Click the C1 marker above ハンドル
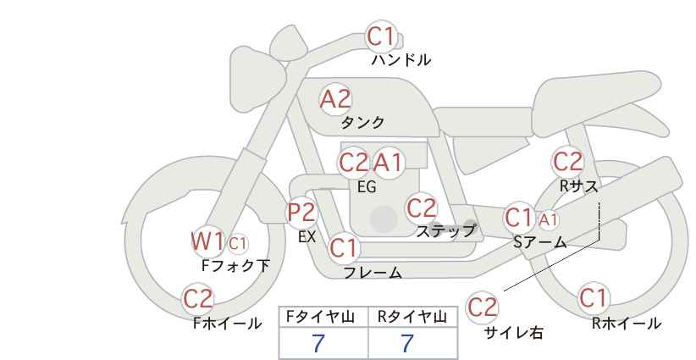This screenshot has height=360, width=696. [x=381, y=36]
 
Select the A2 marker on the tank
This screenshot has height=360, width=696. [x=335, y=99]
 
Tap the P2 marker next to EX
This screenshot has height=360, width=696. [x=302, y=213]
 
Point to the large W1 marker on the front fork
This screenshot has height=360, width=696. [x=207, y=241]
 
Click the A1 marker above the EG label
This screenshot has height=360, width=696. [x=388, y=163]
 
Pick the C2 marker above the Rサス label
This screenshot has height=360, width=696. [x=567, y=162]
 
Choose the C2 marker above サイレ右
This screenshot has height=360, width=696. [x=483, y=307]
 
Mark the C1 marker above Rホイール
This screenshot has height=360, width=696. [x=593, y=298]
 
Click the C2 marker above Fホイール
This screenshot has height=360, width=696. [x=198, y=299]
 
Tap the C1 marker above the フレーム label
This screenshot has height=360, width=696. [x=344, y=247]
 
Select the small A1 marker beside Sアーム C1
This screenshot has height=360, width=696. [x=548, y=219]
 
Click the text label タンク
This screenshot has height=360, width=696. [x=362, y=122]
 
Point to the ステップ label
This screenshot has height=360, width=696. [x=446, y=230]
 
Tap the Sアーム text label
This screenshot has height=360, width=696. [x=540, y=242]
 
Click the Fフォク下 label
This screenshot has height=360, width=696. [x=235, y=265]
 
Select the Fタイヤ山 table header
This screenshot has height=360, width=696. [x=320, y=317]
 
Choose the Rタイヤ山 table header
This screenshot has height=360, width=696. [x=412, y=317]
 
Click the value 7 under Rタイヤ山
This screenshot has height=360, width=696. [x=407, y=343]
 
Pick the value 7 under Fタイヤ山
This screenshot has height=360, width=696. [x=318, y=343]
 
